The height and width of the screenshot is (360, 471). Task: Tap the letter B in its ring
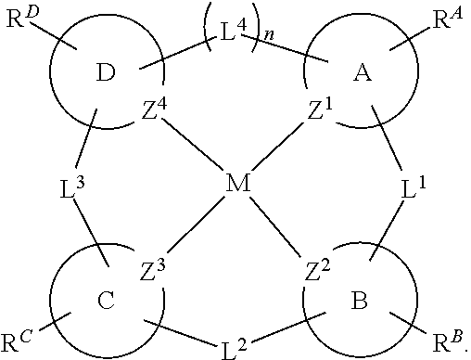click(x=356, y=302)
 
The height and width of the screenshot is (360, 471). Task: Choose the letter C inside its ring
click(x=105, y=302)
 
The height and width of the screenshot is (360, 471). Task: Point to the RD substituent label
click(x=19, y=19)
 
